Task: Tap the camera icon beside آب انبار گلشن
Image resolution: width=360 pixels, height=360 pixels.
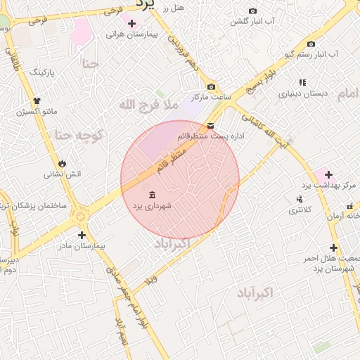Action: tap(253, 11)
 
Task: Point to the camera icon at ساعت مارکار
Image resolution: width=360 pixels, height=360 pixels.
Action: tap(210, 86)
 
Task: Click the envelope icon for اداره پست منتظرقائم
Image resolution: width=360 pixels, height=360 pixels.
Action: tap(210, 126)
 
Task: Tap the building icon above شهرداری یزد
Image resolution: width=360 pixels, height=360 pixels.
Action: tap(152, 195)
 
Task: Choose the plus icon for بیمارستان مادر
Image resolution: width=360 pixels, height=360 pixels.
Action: tap(82, 235)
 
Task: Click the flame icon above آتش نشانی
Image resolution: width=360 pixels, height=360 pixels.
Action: tap(63, 163)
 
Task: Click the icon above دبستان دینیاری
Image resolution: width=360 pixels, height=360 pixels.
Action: tap(302, 82)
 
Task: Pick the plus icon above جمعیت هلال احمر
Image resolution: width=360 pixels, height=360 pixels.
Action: tap(333, 247)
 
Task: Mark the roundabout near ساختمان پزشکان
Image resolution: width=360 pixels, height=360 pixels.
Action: tap(79, 210)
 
